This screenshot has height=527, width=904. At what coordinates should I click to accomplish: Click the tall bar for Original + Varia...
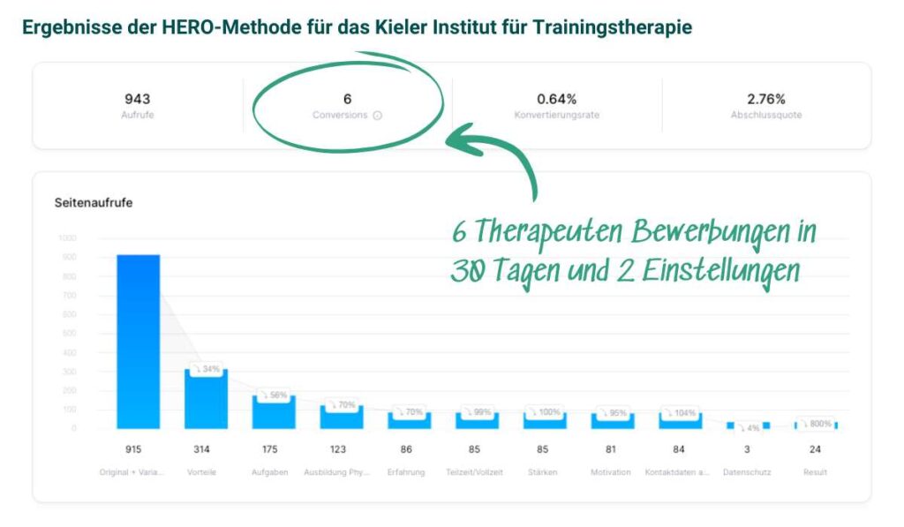[x=138, y=342]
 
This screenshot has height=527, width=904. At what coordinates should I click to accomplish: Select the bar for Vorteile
[x=206, y=399]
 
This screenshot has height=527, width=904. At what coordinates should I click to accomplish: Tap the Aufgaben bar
[x=274, y=412]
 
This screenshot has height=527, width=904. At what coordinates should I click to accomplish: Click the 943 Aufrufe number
[x=137, y=99]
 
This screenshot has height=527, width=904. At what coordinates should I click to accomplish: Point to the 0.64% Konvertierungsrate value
[x=556, y=99]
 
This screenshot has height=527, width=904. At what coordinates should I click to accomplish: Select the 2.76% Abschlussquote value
[x=765, y=99]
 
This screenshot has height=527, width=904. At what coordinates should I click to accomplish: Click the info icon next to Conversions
[x=377, y=116]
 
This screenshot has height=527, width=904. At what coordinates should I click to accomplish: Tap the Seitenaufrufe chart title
[x=94, y=202]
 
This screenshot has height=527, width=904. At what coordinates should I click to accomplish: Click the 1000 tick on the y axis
[x=67, y=238]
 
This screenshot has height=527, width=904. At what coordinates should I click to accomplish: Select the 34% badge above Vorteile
[x=207, y=369]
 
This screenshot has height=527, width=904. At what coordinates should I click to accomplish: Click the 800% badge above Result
[x=817, y=424]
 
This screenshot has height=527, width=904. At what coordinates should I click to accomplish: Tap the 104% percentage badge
[x=682, y=412]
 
